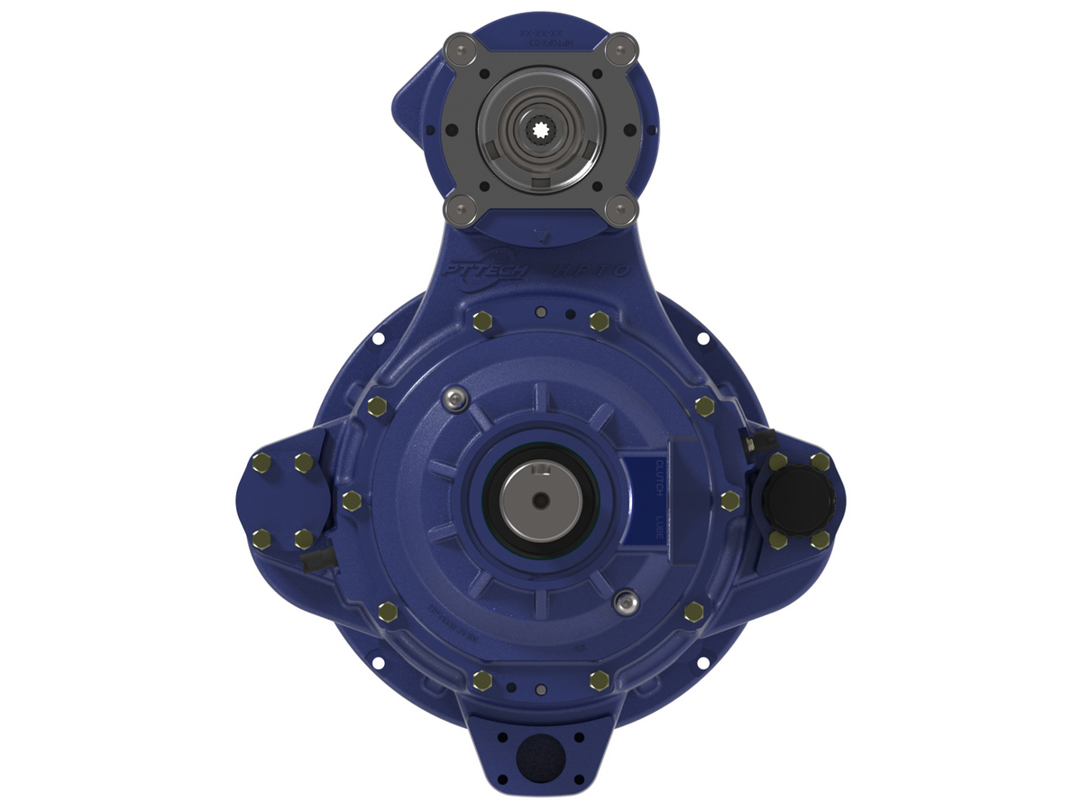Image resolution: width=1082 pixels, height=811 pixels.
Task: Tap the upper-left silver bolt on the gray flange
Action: (463, 47)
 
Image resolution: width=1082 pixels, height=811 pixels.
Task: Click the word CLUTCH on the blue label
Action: (659, 477)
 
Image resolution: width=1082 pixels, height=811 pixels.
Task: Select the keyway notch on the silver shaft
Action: (539, 469)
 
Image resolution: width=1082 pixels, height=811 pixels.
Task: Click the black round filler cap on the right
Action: (790, 500)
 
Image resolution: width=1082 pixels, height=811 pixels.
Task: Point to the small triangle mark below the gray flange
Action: (539, 237)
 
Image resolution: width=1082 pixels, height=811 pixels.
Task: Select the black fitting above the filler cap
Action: (759, 439)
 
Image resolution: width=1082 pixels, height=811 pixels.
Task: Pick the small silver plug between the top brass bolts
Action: (541, 312)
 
